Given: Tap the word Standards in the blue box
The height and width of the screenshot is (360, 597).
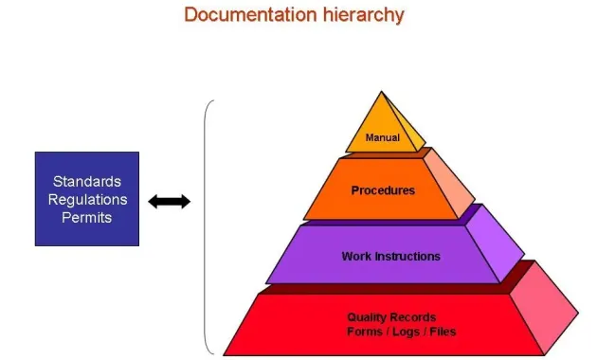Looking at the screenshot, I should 87,181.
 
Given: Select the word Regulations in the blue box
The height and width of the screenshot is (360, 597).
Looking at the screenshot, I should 87,199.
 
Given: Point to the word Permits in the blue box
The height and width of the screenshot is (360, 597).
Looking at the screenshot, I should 87,217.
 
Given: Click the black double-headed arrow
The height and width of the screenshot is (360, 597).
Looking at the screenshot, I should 170,201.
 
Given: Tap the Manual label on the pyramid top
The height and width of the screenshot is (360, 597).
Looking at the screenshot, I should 383,138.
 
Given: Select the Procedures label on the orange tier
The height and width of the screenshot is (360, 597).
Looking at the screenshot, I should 383,190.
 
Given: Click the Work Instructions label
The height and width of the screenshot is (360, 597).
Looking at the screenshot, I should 390,256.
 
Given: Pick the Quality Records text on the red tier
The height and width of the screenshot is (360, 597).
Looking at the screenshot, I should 391,317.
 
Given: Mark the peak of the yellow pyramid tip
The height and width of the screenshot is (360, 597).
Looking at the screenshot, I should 382,93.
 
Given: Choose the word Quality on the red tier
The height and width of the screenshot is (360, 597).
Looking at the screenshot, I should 363,317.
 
